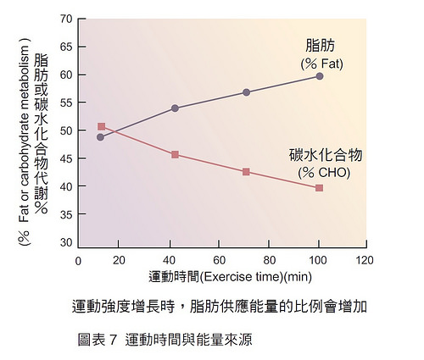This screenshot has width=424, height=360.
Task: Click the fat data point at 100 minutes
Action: coord(320,76)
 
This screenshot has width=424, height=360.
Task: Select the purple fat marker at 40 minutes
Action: coord(175,108)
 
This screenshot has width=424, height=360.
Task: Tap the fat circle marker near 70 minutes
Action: coord(246,91)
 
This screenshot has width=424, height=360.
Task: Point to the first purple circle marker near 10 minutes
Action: coord(101,136)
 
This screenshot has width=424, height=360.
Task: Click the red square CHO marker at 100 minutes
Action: coord(320,187)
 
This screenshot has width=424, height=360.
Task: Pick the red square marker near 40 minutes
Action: coord(175,154)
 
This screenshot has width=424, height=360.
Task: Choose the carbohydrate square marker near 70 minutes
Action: coord(246,172)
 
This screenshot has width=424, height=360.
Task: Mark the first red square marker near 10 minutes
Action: coord(102,127)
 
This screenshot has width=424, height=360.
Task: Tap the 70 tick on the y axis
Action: coord(67,19)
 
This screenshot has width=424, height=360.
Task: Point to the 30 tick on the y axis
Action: coord(67,242)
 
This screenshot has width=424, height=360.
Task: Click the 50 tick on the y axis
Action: coord(67,130)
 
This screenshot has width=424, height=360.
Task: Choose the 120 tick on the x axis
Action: coord(365,260)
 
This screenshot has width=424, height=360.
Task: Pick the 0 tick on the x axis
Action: coord(78,260)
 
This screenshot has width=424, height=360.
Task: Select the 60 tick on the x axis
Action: coord(221,260)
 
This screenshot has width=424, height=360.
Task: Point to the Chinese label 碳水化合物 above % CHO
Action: coord(326,156)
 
